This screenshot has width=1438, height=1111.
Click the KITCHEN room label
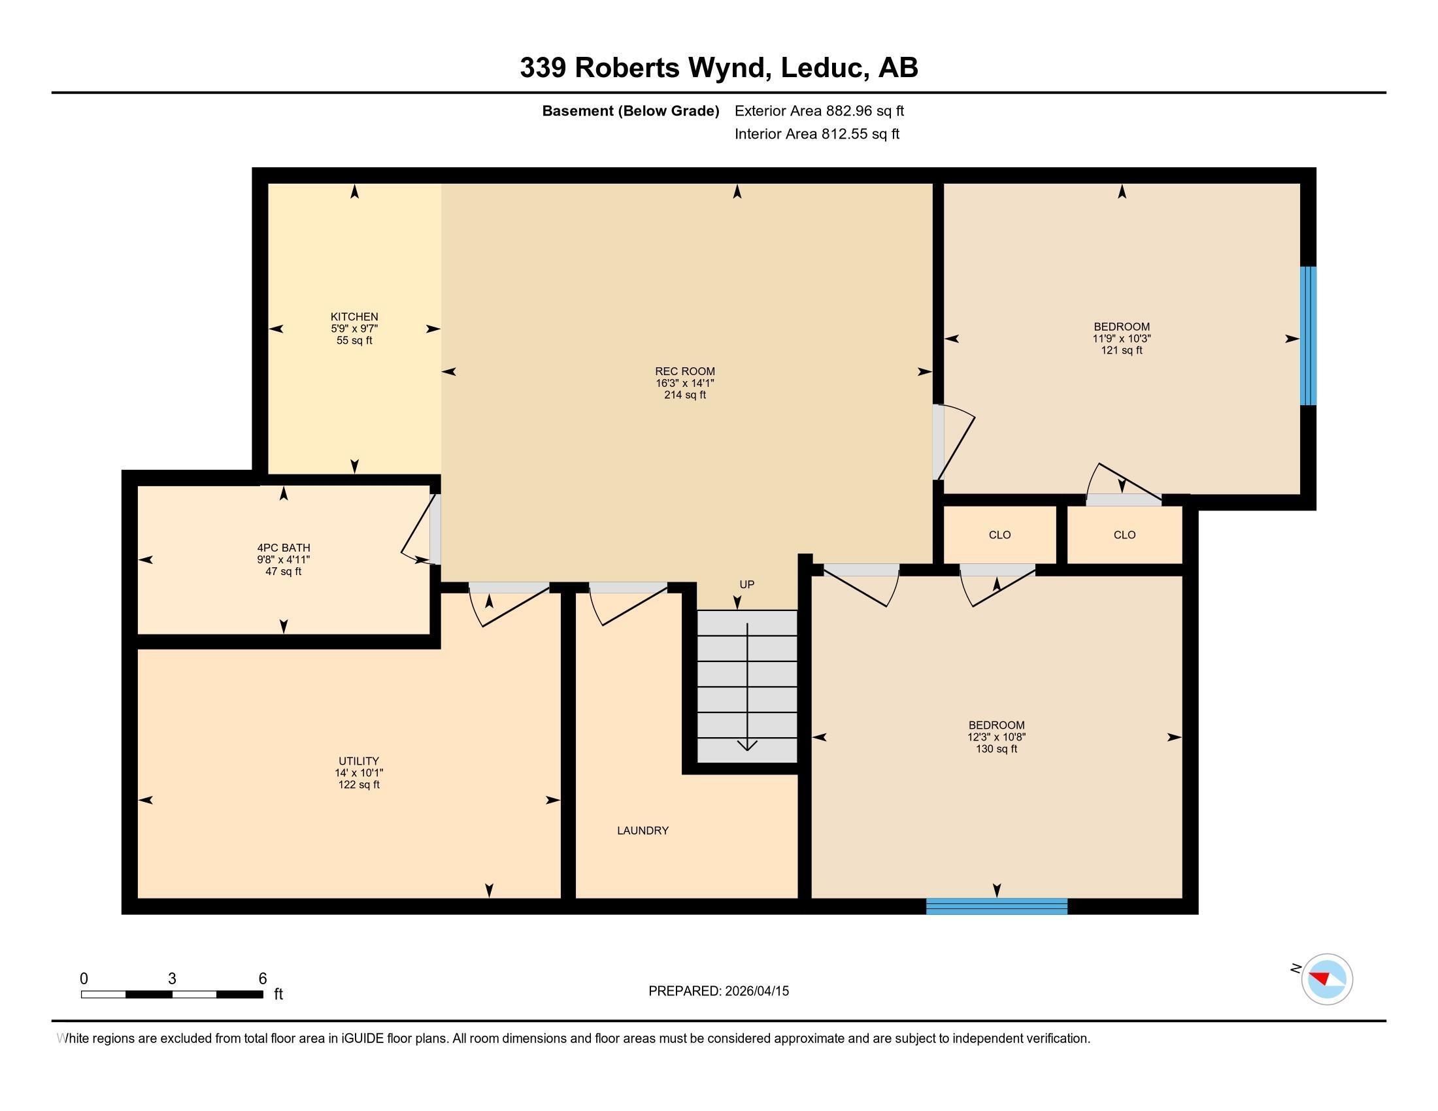(x=354, y=316)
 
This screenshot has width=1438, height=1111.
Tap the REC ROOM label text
(x=685, y=371)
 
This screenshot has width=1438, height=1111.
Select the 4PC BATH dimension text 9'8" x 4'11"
(x=283, y=559)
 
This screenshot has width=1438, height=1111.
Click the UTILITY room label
(x=359, y=761)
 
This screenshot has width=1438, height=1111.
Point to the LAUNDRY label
(x=643, y=831)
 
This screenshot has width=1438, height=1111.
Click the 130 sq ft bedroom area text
(x=996, y=749)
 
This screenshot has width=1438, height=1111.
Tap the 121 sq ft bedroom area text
(x=1121, y=350)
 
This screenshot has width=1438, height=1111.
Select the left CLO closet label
(x=999, y=535)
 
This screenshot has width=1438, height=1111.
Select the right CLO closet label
(x=1124, y=535)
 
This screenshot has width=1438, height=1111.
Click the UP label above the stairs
(x=746, y=584)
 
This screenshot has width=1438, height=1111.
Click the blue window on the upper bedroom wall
(x=1309, y=336)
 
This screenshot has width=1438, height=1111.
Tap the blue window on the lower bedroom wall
(x=996, y=906)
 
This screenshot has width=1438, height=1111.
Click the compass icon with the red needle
(x=1326, y=979)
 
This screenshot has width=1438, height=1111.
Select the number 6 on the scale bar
(x=262, y=978)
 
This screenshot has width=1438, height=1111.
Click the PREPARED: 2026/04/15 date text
(x=718, y=991)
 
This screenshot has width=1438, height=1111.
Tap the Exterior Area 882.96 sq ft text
(x=819, y=110)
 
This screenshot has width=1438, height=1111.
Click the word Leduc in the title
(x=822, y=68)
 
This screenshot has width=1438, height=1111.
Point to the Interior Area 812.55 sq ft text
(x=816, y=133)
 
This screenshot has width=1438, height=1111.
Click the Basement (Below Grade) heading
(x=630, y=110)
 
